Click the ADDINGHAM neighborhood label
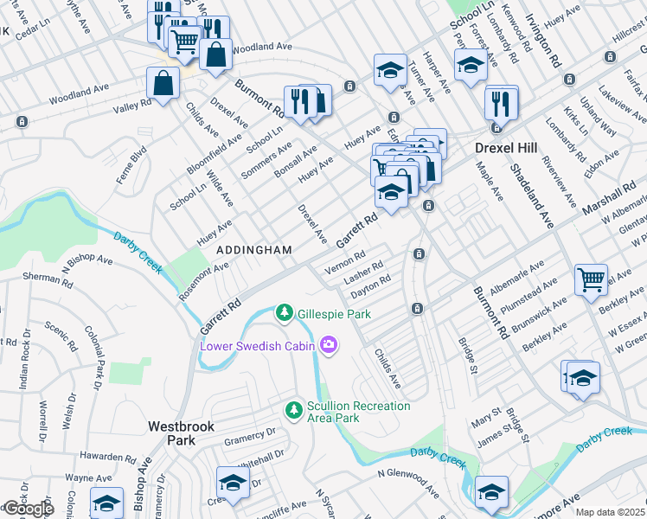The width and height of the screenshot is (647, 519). pyautogui.click(x=253, y=249)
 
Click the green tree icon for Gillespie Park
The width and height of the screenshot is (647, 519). pyautogui.click(x=283, y=312)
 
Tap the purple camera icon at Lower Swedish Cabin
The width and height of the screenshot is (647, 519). pyautogui.click(x=328, y=346)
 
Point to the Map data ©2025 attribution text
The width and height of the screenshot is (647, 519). pyautogui.click(x=611, y=512)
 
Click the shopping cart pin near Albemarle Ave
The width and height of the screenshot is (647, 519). pyautogui.click(x=592, y=279)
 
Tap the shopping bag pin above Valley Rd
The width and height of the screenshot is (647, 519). pyautogui.click(x=163, y=84)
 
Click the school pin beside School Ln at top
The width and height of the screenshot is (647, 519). pyautogui.click(x=470, y=65)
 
